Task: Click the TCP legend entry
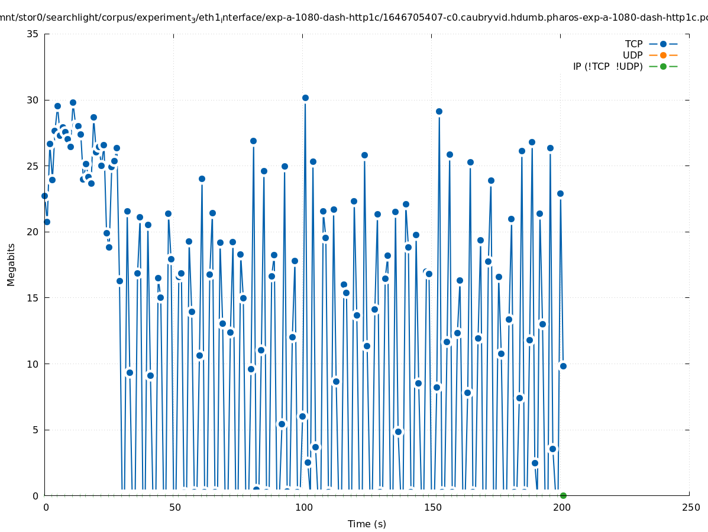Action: point(633,44)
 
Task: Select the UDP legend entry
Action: point(632,55)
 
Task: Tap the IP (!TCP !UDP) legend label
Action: point(607,66)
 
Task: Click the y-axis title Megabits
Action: point(11,264)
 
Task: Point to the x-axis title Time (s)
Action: point(367,524)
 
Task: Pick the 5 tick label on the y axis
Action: point(35,430)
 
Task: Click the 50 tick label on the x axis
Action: point(174,507)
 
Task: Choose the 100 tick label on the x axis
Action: point(303,507)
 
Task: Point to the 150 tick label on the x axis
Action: point(432,507)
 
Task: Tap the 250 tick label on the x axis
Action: point(690,507)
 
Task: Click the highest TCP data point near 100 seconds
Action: point(305,98)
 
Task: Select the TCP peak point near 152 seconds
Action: point(439,111)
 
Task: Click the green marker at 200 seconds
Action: point(563,495)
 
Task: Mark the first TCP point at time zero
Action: point(44,196)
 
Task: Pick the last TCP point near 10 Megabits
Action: point(563,366)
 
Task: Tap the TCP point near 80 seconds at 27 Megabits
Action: point(253,141)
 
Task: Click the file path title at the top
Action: point(354,18)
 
